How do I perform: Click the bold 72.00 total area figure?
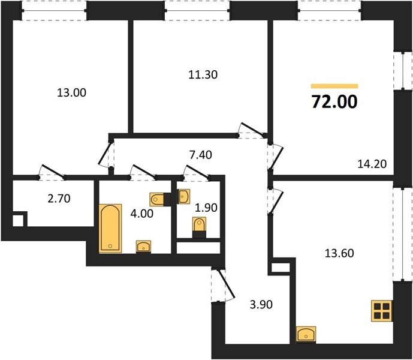click(334, 102)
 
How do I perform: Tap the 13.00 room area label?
click(72, 93)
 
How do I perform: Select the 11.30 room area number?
click(203, 74)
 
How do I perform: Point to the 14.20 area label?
click(372, 164)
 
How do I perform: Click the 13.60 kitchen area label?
click(339, 253)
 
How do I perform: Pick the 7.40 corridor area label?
click(201, 155)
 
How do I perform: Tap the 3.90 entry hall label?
click(261, 305)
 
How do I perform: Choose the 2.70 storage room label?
click(59, 199)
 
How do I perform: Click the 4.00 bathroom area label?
click(142, 214)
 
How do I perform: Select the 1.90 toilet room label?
click(206, 208)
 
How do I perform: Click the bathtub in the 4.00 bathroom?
click(110, 229)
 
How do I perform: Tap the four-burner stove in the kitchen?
click(382, 311)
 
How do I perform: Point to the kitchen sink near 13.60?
click(306, 334)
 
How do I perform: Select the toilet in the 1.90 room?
click(199, 226)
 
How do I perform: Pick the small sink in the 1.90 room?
click(184, 196)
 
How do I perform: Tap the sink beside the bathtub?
click(143, 247)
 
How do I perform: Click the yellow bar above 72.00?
click(334, 86)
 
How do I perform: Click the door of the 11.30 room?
click(252, 130)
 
